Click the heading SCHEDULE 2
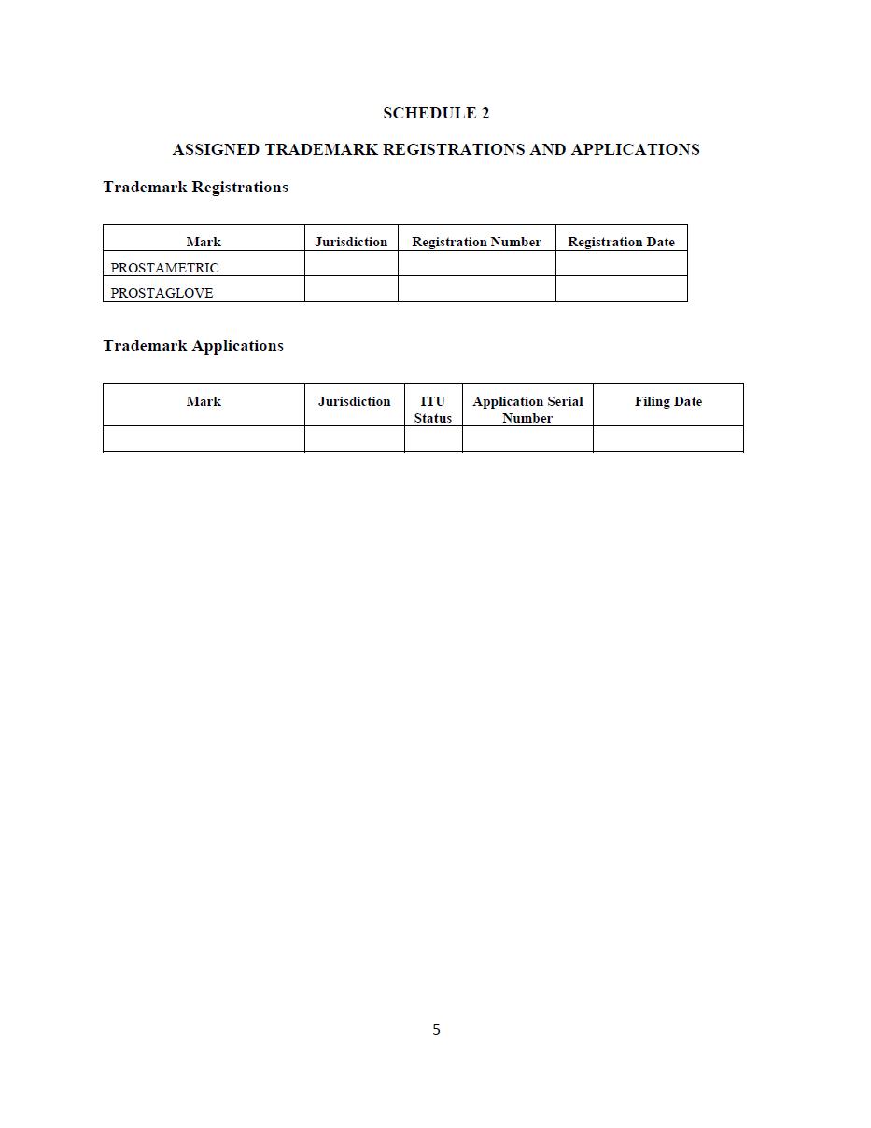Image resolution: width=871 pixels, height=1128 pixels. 436,113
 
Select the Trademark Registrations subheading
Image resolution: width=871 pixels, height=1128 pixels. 195,187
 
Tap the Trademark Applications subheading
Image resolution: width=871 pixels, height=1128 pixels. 193,345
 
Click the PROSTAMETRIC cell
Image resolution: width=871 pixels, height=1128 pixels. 165,268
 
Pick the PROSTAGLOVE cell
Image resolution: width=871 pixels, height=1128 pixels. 162,293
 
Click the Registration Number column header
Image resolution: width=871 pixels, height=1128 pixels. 476,242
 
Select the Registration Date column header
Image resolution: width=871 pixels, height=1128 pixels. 621,242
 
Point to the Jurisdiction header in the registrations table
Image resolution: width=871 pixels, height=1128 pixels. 351,242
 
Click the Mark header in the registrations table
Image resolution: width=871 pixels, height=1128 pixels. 204,242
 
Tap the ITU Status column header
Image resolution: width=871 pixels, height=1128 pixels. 433,410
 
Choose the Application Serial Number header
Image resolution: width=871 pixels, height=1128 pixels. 527,410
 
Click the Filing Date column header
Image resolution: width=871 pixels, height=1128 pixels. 668,401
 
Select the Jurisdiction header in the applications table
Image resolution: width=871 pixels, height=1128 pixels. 354,401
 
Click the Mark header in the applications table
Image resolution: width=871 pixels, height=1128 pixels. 204,401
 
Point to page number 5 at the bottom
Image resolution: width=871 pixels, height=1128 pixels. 436,1029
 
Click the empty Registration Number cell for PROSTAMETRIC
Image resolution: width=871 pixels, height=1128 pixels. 476,264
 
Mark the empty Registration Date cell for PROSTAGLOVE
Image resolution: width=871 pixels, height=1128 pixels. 621,289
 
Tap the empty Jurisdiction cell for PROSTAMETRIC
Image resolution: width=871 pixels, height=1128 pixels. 351,264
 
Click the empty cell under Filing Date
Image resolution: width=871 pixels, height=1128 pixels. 668,439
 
